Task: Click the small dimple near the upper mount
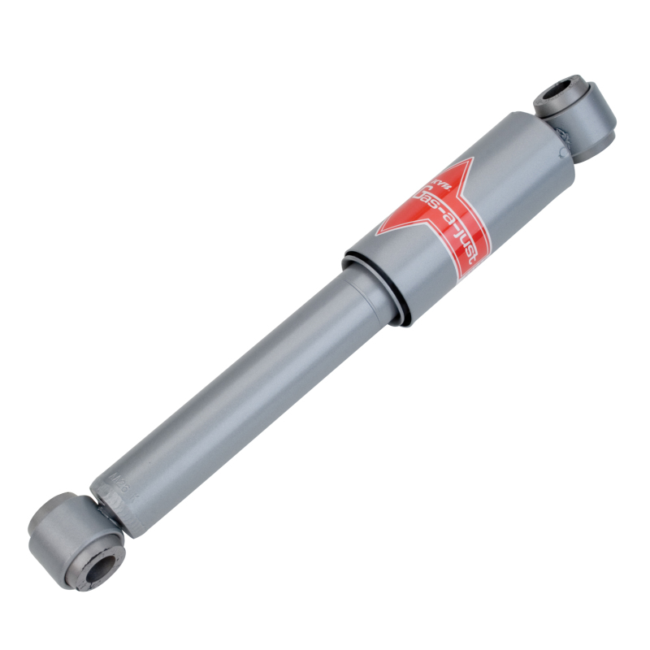tap(561, 153)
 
